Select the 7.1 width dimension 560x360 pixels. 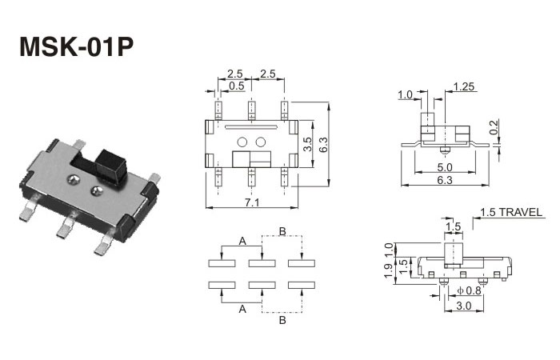tap(251, 203)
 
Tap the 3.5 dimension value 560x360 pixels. tap(308, 145)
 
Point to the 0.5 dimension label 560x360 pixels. tap(237, 86)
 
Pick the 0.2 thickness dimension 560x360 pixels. tap(494, 128)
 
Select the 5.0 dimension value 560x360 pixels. tap(446, 167)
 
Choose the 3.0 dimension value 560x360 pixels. tap(462, 306)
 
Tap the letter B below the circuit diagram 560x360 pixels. tap(282, 321)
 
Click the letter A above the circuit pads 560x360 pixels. tap(241, 240)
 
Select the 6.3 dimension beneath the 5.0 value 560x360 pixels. tap(446, 181)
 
